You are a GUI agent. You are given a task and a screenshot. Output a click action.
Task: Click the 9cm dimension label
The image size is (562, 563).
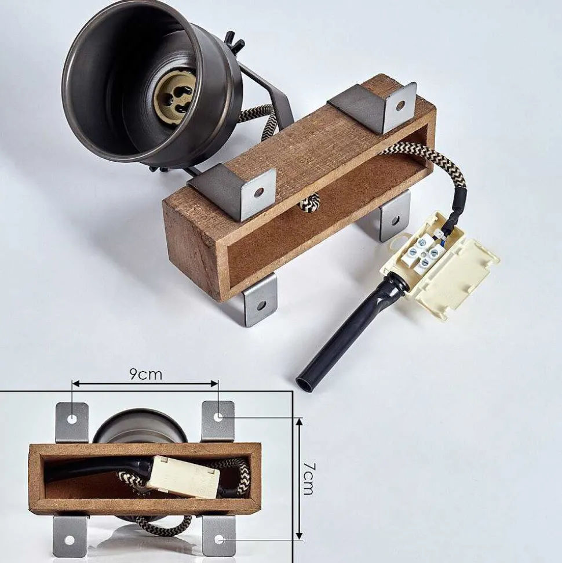pos(145,375)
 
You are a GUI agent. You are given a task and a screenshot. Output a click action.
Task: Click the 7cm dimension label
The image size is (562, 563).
pos(309,479)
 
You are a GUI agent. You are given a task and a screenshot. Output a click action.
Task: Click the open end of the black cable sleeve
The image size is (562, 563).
pos(304,384)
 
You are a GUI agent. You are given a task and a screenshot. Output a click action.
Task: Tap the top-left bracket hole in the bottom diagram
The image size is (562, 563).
pos(72,418)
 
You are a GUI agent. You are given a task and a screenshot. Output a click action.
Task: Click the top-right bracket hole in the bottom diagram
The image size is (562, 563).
pos(218,417)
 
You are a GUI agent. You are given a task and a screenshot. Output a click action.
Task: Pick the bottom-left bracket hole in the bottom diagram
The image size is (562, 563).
pos(70,540)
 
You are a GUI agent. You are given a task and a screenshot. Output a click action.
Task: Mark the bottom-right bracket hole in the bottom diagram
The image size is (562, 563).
pos(219,539)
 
